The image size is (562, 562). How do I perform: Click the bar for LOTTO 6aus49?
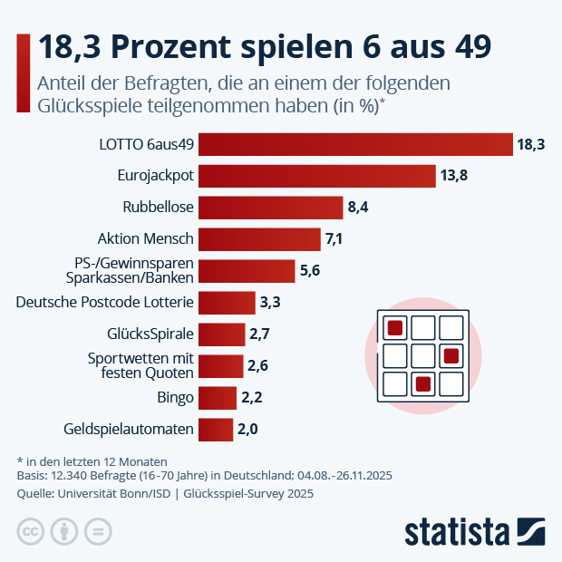[x=354, y=144]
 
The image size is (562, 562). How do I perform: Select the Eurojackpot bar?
[x=316, y=176]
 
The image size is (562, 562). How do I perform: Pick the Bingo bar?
[x=217, y=398]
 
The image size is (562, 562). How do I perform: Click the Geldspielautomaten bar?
[x=215, y=430]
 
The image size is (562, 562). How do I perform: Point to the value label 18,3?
[x=530, y=144]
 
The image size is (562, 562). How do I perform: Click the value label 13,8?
[x=453, y=176]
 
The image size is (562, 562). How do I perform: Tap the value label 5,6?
[x=311, y=271]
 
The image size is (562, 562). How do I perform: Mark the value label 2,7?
[x=260, y=334]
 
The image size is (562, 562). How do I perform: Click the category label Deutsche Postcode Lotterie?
[x=104, y=303]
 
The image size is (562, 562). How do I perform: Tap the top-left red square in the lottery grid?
[x=395, y=327]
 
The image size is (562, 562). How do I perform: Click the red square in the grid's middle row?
[x=451, y=355]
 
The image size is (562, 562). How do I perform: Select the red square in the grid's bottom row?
[x=422, y=383]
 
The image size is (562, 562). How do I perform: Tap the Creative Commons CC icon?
[x=31, y=530]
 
